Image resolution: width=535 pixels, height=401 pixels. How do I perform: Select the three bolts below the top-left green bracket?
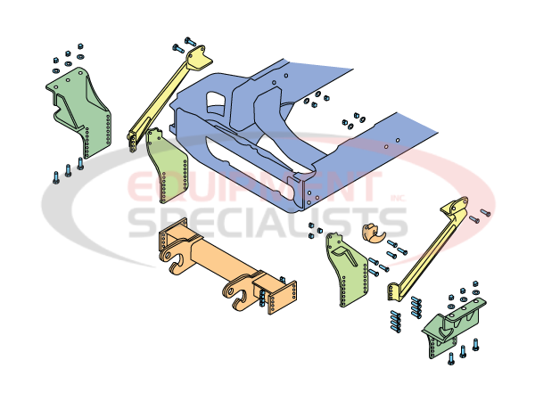tap(68, 170)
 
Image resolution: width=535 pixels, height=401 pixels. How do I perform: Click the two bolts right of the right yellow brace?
tap(482, 216)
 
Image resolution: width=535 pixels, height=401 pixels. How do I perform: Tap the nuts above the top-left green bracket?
tap(67, 53)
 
